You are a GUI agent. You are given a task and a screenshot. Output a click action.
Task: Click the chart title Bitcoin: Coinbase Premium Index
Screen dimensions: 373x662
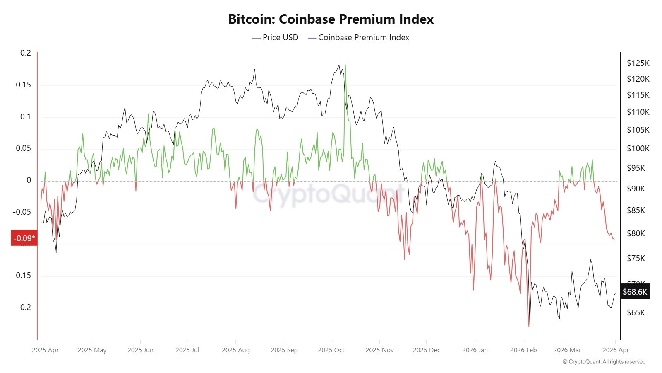(x=331, y=19)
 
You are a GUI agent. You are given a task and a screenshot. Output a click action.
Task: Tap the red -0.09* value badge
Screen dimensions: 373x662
(x=24, y=238)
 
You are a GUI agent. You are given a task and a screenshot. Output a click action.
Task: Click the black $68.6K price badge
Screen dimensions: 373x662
(x=635, y=292)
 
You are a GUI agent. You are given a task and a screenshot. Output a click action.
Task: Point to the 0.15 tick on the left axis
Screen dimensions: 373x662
(x=23, y=85)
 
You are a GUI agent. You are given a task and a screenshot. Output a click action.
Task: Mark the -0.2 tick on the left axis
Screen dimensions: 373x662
(x=24, y=307)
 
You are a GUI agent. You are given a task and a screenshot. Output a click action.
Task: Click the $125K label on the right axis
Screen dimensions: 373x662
(x=638, y=63)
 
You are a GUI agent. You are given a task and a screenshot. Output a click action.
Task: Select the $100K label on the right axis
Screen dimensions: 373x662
(x=638, y=148)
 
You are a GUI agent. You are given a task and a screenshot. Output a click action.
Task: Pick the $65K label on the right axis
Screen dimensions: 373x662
(x=636, y=312)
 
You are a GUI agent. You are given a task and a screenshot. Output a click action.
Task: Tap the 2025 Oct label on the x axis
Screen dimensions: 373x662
(x=331, y=350)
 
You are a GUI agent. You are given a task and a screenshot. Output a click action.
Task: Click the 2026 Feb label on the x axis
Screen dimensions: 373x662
(x=523, y=350)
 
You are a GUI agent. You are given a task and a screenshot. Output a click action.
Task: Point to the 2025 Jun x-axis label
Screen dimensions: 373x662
(x=140, y=350)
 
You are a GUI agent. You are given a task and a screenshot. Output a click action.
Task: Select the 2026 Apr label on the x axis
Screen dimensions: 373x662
(x=616, y=350)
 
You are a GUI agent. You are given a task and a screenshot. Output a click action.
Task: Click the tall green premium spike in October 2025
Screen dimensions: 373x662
(x=345, y=66)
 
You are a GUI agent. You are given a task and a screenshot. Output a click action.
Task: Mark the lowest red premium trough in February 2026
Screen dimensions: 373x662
(x=528, y=326)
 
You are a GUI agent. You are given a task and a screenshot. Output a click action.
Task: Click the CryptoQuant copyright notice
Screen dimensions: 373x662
(x=604, y=362)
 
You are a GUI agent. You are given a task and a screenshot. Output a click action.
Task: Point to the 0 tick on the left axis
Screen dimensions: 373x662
(x=29, y=180)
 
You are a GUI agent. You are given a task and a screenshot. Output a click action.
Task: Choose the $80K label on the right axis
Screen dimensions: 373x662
(x=636, y=233)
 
